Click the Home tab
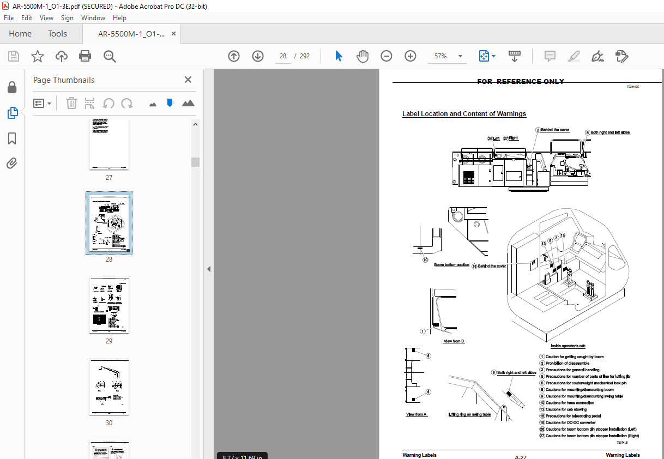tap(20, 34)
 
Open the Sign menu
tap(67, 18)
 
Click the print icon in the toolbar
tap(85, 56)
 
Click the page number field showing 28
tap(282, 56)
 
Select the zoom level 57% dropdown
tap(448, 56)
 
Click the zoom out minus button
tap(387, 56)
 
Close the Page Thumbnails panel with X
tap(188, 80)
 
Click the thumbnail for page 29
tap(109, 305)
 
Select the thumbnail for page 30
tap(109, 387)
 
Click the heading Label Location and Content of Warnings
tap(464, 114)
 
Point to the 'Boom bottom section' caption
tap(451, 265)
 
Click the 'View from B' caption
tap(454, 341)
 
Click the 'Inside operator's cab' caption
tap(568, 346)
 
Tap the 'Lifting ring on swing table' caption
tap(469, 414)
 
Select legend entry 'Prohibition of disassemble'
tap(567, 363)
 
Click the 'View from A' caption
tap(416, 414)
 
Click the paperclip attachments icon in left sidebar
tap(12, 163)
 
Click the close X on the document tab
tap(173, 34)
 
